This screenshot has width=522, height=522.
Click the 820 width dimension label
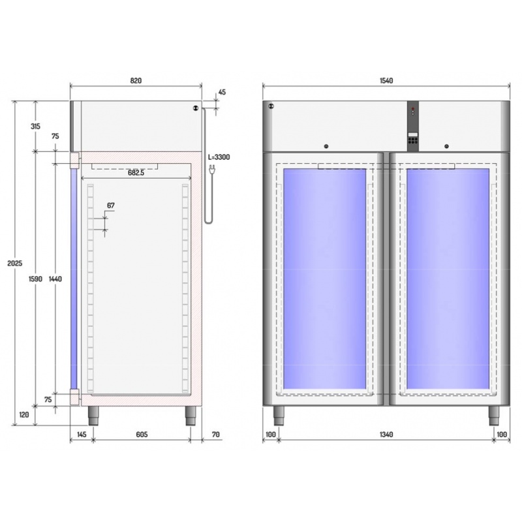point(136,80)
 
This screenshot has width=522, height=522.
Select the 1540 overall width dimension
point(386,80)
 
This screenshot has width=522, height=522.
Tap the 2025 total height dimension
point(15,264)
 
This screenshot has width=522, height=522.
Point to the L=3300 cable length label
point(219,157)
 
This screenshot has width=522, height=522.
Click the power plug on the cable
point(211,169)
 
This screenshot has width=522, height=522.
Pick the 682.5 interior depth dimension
point(136,173)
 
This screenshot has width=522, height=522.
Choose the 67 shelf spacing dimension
point(111,206)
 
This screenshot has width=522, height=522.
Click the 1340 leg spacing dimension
point(386,435)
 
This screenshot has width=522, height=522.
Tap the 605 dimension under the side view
point(142,435)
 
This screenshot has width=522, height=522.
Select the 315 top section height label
point(36,126)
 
